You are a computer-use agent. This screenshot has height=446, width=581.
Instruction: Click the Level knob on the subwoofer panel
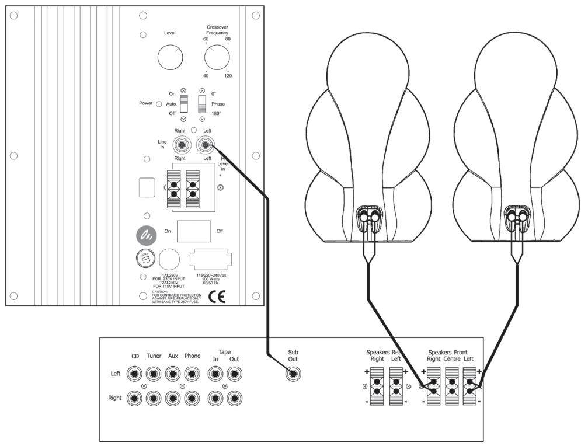171,57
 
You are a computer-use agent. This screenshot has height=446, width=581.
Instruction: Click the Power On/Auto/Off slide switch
183,104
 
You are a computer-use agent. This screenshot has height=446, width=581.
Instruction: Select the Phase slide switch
202,104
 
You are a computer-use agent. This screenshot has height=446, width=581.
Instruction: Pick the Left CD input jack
135,374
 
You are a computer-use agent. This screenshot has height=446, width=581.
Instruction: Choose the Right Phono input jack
192,398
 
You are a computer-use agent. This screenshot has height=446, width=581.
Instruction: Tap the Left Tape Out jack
234,374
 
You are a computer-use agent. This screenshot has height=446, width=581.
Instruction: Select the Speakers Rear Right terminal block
377,386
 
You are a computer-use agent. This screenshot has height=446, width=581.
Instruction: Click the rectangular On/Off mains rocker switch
194,231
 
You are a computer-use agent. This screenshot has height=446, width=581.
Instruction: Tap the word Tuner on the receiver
154,356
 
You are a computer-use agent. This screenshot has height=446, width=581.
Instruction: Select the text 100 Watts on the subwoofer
211,280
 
